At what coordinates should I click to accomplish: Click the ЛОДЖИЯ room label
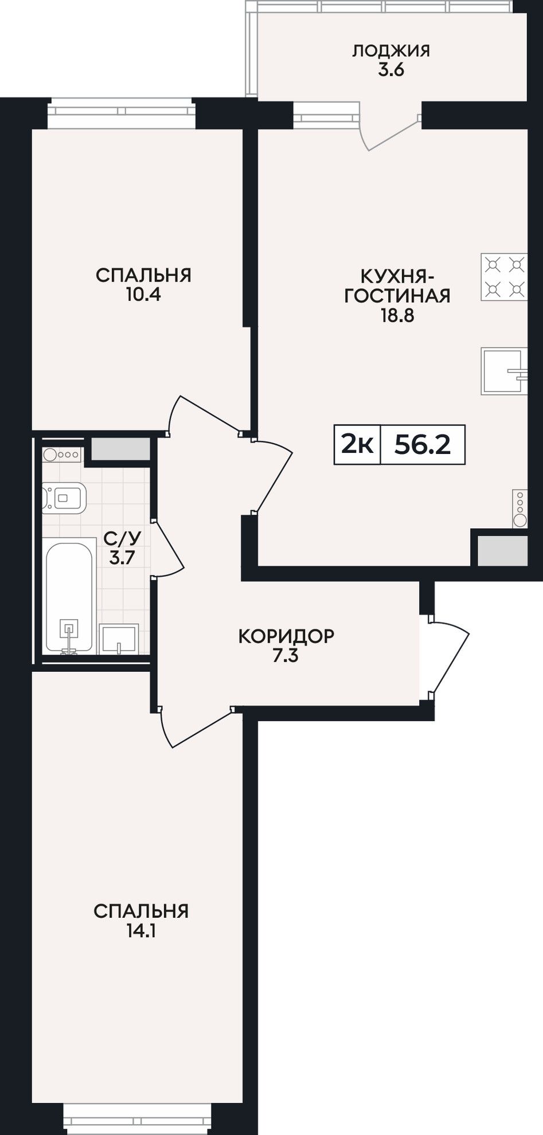(x=390, y=50)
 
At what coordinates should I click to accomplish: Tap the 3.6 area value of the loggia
(x=391, y=71)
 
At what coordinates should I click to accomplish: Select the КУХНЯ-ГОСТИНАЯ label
(x=397, y=285)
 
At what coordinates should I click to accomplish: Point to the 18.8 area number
(x=397, y=315)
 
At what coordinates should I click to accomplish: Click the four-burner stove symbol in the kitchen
(x=504, y=277)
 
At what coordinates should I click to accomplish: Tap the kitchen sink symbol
(x=504, y=371)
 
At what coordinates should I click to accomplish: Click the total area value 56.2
(x=423, y=444)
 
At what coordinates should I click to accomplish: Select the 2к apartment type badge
(x=357, y=444)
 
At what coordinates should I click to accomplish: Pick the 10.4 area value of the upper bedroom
(x=143, y=295)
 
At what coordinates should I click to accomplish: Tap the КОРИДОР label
(x=286, y=636)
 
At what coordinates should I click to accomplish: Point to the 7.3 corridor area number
(x=286, y=656)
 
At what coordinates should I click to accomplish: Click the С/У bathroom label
(x=122, y=538)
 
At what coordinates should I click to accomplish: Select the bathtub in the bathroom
(x=69, y=598)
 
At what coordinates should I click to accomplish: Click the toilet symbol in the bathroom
(x=64, y=497)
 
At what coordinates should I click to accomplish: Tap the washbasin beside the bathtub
(x=119, y=639)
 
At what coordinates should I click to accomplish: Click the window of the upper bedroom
(x=122, y=114)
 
